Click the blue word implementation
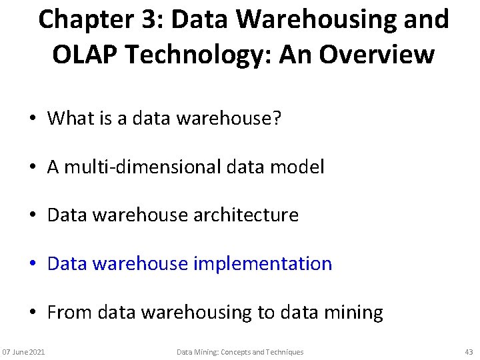point(263,263)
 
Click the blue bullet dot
point(32,264)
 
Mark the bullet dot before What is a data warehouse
point(32,119)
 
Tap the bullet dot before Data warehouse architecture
point(32,215)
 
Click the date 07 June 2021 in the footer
point(23,351)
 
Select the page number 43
point(468,351)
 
